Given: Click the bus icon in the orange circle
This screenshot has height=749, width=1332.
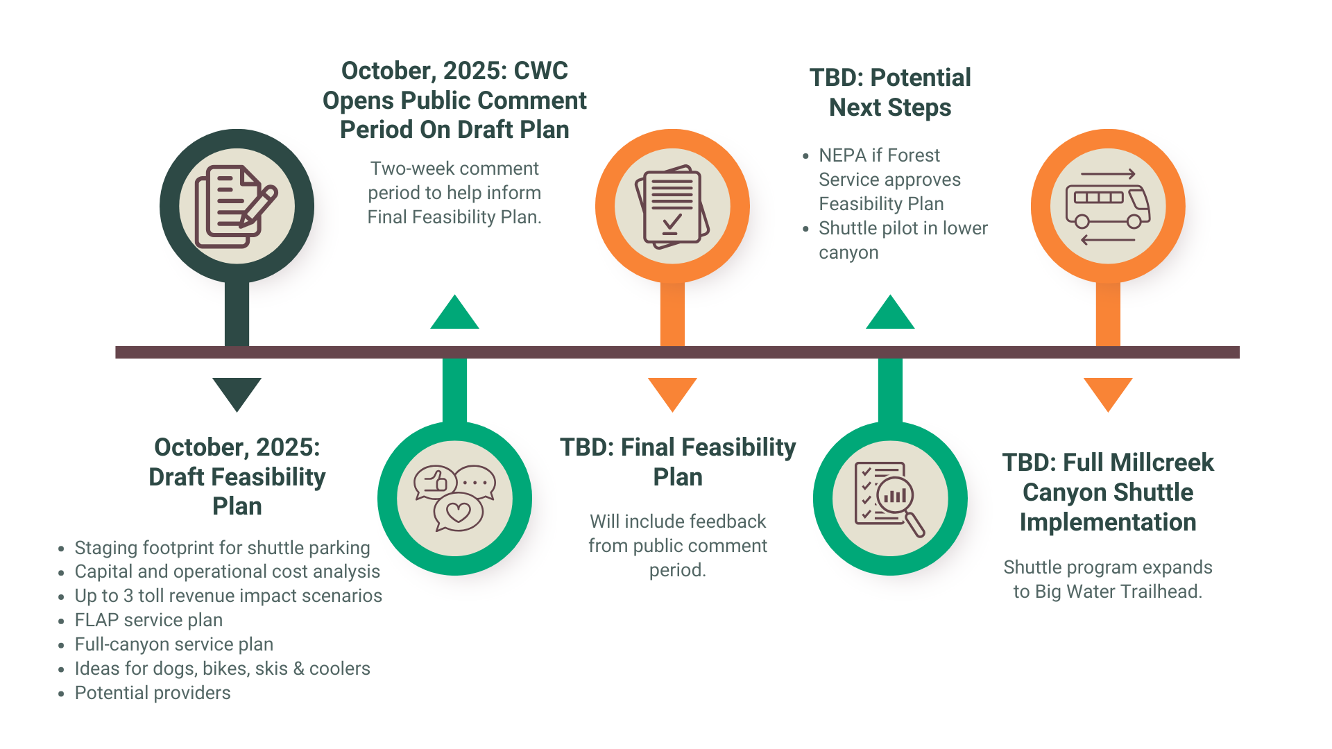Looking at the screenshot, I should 1107,206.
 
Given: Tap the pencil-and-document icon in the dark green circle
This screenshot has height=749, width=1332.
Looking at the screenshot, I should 237,206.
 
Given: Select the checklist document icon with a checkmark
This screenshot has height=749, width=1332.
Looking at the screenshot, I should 672,206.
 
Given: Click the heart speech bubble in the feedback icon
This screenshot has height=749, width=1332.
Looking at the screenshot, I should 458,513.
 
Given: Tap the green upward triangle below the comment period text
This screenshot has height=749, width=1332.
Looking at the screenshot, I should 454,313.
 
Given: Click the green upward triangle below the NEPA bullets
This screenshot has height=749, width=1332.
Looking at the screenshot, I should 890,313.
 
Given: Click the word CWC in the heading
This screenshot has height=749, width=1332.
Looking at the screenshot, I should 540,71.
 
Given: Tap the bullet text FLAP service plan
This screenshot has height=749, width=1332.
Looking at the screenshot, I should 148,620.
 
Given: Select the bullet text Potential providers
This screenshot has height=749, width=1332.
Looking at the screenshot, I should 153,693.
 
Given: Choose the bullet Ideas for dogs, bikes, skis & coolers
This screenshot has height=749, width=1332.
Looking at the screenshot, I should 222,669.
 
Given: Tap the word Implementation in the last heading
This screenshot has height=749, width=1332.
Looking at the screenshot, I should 1107,522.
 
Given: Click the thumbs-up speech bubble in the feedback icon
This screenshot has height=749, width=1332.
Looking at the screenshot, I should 436,481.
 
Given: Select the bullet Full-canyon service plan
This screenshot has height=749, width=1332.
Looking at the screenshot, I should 173,644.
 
